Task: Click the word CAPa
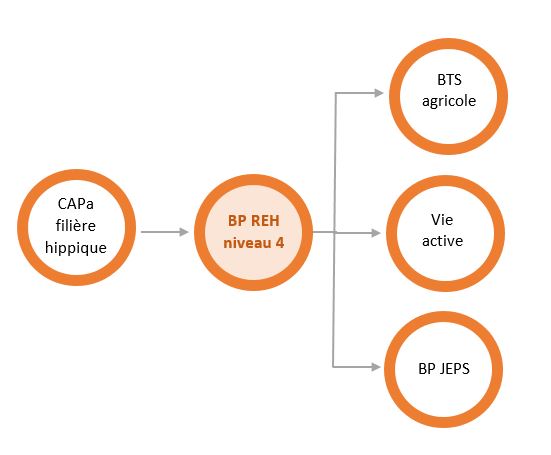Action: pos(76,204)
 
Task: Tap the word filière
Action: pos(76,225)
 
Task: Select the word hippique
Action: pos(76,248)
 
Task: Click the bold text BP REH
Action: pos(254,221)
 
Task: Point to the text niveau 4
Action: pos(254,243)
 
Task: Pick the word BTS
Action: pos(449,80)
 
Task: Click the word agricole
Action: pos(449,102)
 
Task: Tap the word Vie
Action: pos(442,220)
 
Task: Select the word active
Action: pos(442,241)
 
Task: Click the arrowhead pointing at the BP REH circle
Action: pos(184,232)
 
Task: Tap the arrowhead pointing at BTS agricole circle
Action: pos(379,93)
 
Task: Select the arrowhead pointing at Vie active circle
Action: pos(376,233)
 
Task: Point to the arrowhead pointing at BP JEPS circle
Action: pos(376,367)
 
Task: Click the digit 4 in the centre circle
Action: pos(280,243)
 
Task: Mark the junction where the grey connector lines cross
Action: pos(334,232)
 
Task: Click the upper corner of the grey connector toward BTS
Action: pos(336,93)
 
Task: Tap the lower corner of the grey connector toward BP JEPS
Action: pos(333,367)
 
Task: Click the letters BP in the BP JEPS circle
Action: pos(426,369)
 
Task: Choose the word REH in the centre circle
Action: pos(266,221)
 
